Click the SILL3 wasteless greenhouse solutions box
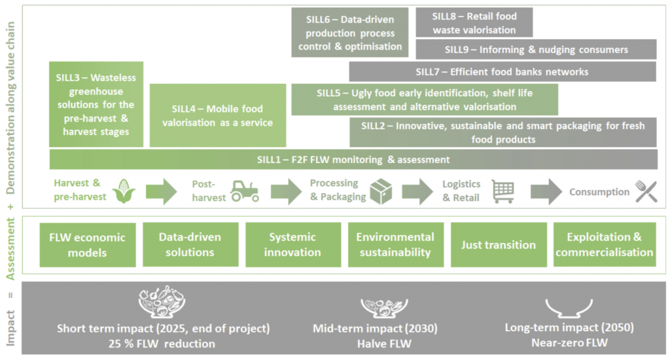[x=96, y=105]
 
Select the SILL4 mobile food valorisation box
[x=218, y=115]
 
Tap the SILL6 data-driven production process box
[x=350, y=32]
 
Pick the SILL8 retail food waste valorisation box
[x=474, y=22]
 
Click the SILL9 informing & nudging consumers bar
[x=536, y=49]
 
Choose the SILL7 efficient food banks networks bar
[x=502, y=71]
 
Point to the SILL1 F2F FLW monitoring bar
[x=353, y=159]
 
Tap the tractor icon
[x=245, y=190]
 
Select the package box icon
[x=381, y=191]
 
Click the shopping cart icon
[x=503, y=191]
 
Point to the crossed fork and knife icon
[x=646, y=191]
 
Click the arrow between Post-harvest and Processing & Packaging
[x=286, y=191]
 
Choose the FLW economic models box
[x=88, y=245]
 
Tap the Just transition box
[x=499, y=245]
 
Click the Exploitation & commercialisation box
[x=604, y=245]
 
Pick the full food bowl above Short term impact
[x=162, y=302]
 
